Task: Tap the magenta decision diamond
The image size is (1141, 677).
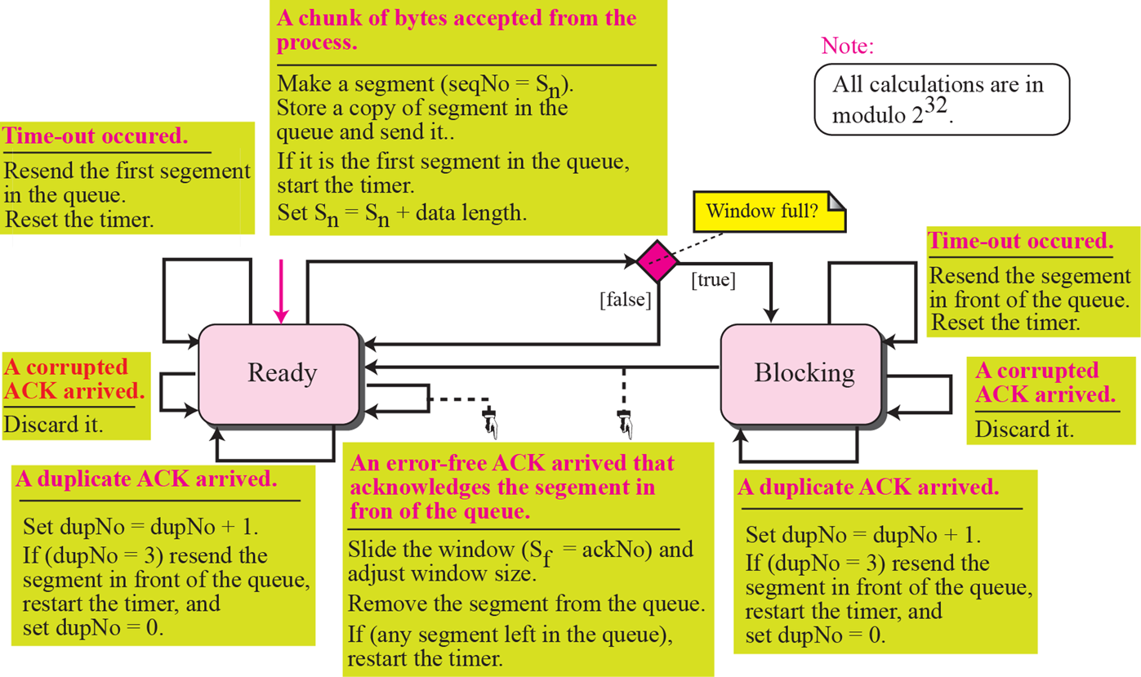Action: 657,261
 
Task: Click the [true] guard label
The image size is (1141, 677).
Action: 713,282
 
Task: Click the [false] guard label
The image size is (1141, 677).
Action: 625,301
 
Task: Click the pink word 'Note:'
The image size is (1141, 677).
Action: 847,46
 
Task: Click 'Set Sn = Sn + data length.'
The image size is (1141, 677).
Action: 401,214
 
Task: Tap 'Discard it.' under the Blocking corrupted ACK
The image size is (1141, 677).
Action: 1024,428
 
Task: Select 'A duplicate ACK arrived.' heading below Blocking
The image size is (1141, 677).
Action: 868,488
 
